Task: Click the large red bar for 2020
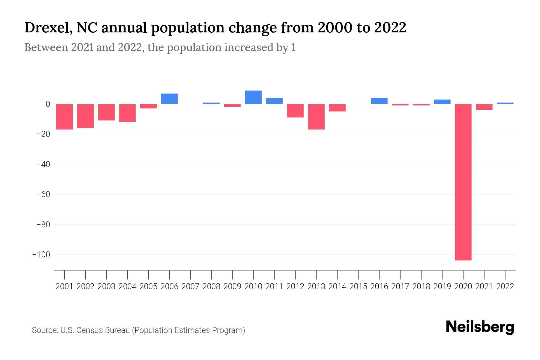point(463,182)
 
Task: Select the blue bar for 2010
point(253,97)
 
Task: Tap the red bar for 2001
point(64,117)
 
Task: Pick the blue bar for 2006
point(169,99)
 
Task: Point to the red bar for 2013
point(316,117)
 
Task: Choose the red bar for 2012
point(295,111)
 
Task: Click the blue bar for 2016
point(379,101)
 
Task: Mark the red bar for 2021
point(484,107)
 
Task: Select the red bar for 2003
point(106,112)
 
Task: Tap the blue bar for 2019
point(442,102)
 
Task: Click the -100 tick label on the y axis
point(41,255)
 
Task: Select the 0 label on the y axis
point(48,104)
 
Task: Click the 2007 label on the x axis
point(190,286)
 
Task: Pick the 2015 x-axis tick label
point(358,286)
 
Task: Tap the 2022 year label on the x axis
point(505,286)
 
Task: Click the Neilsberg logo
point(480,327)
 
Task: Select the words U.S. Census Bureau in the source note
point(95,330)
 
